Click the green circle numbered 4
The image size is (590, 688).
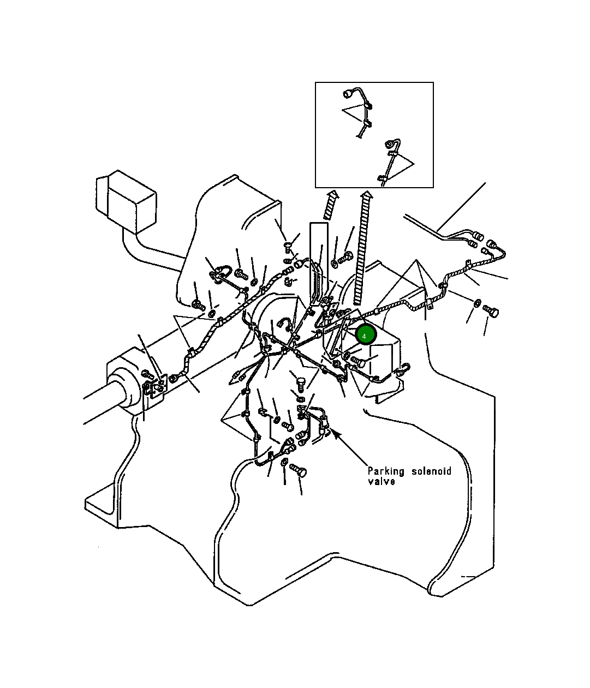pos(365,334)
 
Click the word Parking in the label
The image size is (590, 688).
pos(386,471)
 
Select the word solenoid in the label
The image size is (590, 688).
pos(431,471)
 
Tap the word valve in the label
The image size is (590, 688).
pos(381,482)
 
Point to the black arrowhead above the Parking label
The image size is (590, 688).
pos(336,434)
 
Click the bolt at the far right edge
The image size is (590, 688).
pos(491,312)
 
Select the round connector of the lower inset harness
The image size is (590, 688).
pos(390,144)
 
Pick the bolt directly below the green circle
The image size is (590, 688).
pos(358,361)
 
